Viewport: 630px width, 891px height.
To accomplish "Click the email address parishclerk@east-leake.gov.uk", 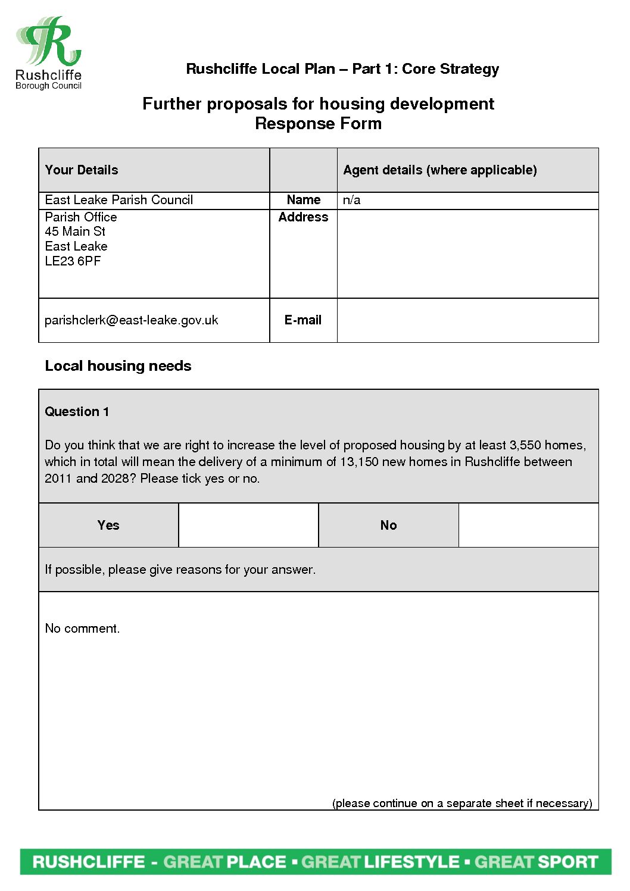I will coord(131,320).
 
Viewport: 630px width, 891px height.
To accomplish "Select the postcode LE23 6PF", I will coord(73,261).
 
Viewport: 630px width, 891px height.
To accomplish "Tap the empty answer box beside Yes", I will coord(248,525).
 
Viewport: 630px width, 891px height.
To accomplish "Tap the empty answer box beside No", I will coord(528,525).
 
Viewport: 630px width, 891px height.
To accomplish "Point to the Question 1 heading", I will coord(77,412).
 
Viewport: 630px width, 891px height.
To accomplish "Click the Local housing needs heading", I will coord(118,366).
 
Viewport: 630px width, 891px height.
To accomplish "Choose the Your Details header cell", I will coord(82,170).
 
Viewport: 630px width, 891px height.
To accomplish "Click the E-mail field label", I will coord(302,320).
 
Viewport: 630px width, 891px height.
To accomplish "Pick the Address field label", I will coord(303,217).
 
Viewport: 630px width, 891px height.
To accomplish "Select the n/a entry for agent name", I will coord(351,200).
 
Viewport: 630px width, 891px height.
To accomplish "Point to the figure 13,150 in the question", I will coord(359,462).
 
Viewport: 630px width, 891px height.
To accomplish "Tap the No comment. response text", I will coord(82,629).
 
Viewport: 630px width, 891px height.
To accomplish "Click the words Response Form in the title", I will coord(318,124).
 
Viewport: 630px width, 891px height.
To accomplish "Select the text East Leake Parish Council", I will coord(118,200).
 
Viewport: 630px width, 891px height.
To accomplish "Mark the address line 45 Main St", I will coord(75,232).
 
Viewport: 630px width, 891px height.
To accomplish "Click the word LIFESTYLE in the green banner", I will coord(411,862).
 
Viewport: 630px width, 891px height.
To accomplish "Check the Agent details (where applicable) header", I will coord(439,170).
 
